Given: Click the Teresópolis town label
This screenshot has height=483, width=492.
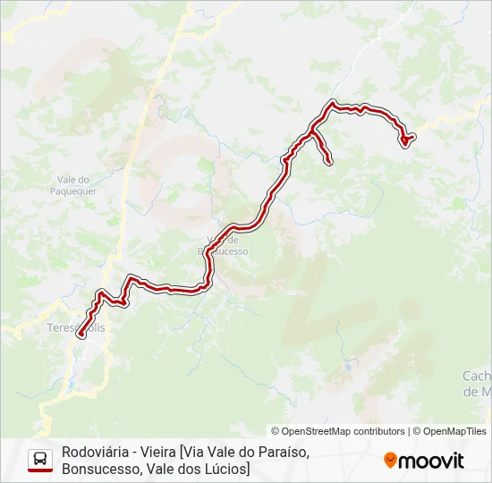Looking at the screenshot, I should click(x=76, y=327).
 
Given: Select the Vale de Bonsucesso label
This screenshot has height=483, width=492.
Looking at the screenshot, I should click(x=223, y=245).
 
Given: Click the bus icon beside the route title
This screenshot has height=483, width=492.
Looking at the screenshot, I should click(x=40, y=458).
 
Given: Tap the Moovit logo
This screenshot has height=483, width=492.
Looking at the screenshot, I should click(x=424, y=461).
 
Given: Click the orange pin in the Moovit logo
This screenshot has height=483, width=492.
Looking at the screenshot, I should click(x=390, y=461).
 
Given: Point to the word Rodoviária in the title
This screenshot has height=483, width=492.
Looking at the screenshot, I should click(x=91, y=452).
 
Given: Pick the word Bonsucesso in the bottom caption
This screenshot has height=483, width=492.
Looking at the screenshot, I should click(x=99, y=469).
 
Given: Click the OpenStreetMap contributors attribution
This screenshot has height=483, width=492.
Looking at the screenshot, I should click(x=338, y=431).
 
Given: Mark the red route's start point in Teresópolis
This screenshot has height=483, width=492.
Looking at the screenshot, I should click(x=81, y=335).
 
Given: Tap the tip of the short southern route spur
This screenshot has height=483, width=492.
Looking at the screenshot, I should click(x=329, y=162).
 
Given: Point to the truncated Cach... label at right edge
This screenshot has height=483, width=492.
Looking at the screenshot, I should click(x=477, y=383).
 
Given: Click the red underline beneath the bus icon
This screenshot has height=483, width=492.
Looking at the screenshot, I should click(x=40, y=470).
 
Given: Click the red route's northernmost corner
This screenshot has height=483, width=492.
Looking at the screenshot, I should click(x=334, y=103).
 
